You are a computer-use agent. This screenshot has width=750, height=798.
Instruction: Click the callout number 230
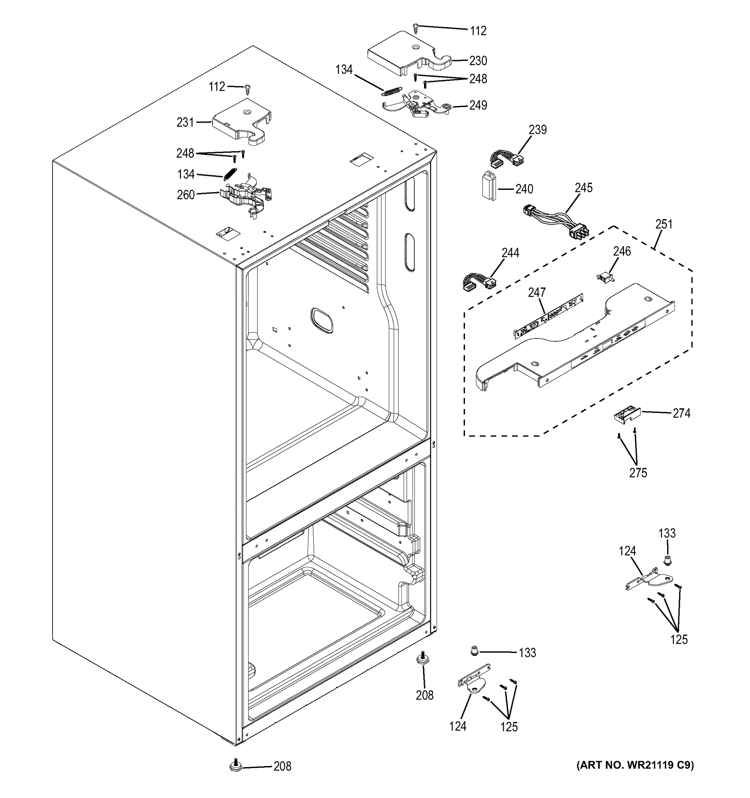pyautogui.click(x=478, y=61)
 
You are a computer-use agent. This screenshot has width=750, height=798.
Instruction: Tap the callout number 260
pyautogui.click(x=186, y=195)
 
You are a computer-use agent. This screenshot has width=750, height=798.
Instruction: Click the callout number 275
pyautogui.click(x=638, y=473)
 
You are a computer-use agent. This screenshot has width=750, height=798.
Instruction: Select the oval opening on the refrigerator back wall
pyautogui.click(x=322, y=320)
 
